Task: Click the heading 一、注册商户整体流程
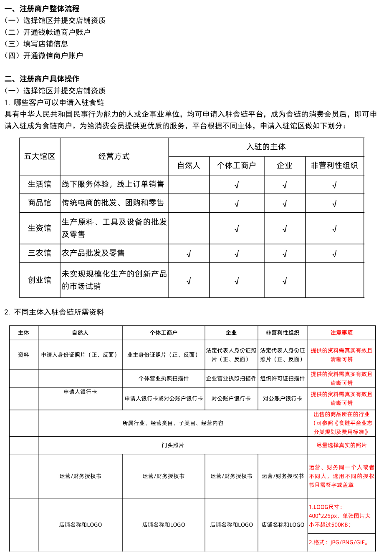[42, 8]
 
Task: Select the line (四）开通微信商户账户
[44, 55]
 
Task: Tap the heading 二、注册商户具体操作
[42, 78]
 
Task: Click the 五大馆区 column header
[40, 156]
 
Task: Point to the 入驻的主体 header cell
[266, 147]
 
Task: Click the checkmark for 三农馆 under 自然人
[189, 254]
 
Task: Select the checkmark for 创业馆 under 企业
[285, 281]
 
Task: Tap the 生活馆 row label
[40, 184]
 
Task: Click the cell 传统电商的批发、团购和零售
[113, 203]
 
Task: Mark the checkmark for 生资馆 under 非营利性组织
[334, 229]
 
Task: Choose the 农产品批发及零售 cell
[93, 253]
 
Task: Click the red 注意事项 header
[341, 332]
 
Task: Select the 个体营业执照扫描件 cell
[164, 378]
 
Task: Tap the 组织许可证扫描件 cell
[283, 378]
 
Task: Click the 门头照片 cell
[173, 445]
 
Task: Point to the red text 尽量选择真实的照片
[341, 445]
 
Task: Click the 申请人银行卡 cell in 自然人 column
[80, 392]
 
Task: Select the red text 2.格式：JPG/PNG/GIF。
[339, 542]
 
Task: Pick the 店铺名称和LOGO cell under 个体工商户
[164, 525]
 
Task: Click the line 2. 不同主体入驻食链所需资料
[54, 312]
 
